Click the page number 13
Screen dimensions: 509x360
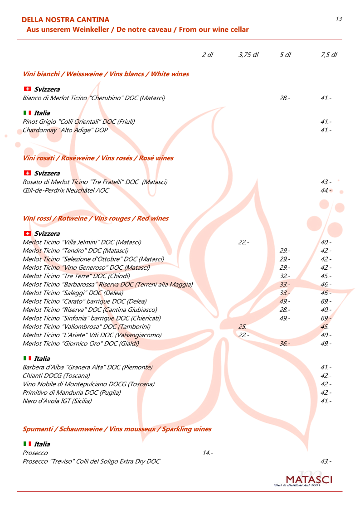(339, 19)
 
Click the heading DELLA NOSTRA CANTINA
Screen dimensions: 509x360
(65, 20)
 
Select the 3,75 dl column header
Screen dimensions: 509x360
(248, 55)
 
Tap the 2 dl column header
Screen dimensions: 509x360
(207, 55)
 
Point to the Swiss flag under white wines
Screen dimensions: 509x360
(27, 89)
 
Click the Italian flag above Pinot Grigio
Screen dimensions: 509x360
(27, 113)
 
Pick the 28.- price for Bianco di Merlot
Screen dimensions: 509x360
(285, 98)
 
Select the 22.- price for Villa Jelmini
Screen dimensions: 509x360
(243, 242)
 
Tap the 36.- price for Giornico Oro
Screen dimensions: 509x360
(285, 344)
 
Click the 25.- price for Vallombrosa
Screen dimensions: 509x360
(243, 327)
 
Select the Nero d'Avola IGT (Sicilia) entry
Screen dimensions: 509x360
(57, 401)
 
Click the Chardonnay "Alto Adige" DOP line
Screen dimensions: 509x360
(65, 130)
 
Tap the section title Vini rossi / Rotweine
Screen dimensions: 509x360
(95, 218)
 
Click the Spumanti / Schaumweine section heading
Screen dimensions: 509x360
(117, 429)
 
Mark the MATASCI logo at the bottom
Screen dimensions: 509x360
(308, 480)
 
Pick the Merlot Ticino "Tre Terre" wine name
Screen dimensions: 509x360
(76, 276)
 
